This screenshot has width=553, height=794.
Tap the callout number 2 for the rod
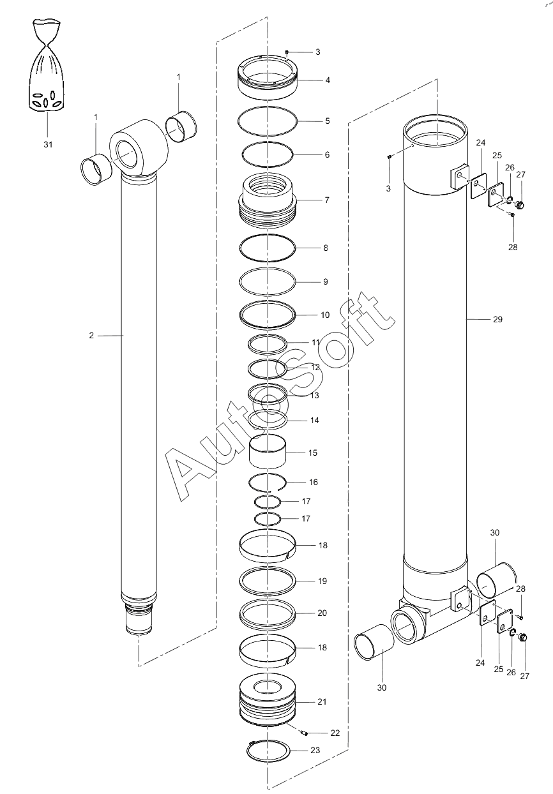click(x=91, y=335)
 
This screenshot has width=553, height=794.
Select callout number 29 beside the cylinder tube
click(x=497, y=319)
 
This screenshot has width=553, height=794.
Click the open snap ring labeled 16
click(x=268, y=474)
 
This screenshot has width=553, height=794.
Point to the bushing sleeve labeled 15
click(x=268, y=451)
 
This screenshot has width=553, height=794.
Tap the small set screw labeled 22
click(x=303, y=732)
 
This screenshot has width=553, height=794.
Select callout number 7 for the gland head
click(x=327, y=200)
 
